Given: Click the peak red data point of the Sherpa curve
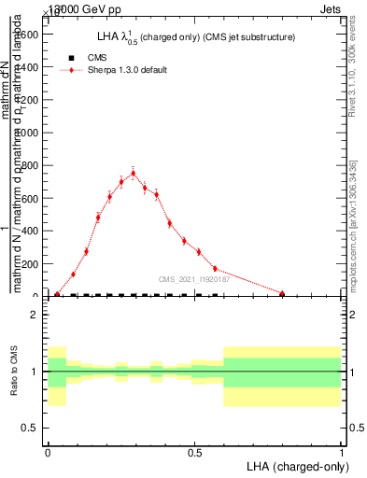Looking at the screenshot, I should point(134,173).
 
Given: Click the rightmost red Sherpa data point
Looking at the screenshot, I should point(282,293).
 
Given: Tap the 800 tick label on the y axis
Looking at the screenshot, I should point(28,166).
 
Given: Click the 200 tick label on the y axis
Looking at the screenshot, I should point(28,264).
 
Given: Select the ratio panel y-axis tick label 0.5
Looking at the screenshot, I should point(27,428).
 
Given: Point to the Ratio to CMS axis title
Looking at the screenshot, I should point(14,372).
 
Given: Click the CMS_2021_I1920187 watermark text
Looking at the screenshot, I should point(193,279).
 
